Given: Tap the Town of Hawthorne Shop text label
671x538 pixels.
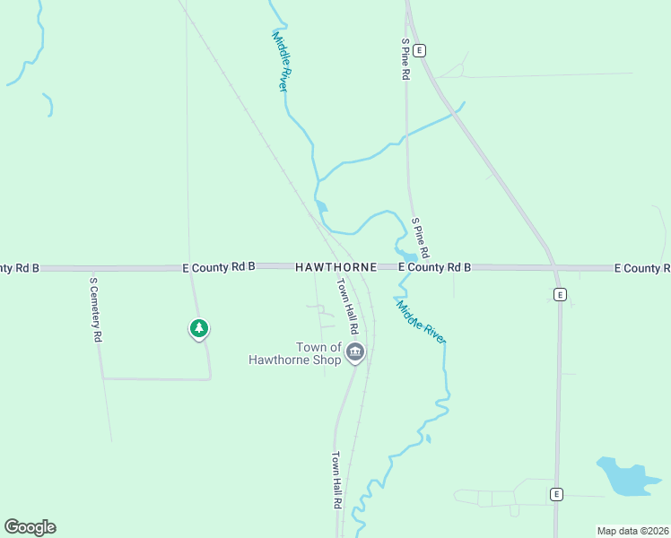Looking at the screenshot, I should (x=295, y=353).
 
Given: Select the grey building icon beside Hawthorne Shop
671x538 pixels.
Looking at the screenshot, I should (x=355, y=353).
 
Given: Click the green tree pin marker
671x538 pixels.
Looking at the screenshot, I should (x=198, y=328).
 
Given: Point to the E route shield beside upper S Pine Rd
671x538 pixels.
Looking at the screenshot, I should (x=419, y=50).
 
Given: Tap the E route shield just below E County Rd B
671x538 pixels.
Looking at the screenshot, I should (x=560, y=294).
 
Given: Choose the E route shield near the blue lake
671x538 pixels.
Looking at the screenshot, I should (x=556, y=494).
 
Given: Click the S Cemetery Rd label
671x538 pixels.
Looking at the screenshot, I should (x=94, y=310).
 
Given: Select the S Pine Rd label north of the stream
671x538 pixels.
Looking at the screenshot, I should (x=405, y=60).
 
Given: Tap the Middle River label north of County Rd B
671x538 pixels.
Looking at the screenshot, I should (x=281, y=59).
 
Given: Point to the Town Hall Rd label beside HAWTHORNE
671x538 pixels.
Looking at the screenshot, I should (x=346, y=301).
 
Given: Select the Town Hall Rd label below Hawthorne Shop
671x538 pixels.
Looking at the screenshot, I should (x=337, y=481).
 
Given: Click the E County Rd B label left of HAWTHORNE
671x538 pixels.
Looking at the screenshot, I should (x=219, y=267).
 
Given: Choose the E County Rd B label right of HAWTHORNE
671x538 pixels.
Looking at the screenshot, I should (x=434, y=267).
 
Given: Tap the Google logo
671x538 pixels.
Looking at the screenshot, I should (x=30, y=527).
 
